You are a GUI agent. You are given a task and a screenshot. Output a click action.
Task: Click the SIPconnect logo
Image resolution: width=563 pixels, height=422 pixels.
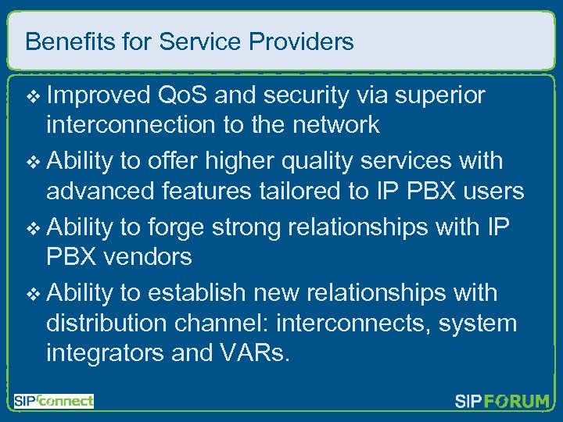click(x=53, y=401)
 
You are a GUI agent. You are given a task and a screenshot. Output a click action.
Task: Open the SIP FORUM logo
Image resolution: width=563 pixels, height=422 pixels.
click(x=502, y=402)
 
